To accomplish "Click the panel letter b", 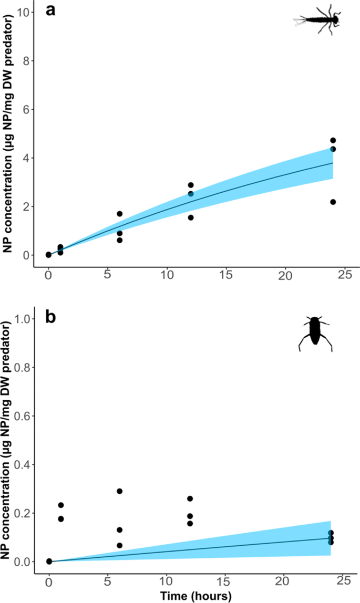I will click(51, 318).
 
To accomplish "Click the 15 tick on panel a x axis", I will click(226, 275).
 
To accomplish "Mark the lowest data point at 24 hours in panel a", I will click(333, 202).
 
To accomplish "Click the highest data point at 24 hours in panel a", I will click(333, 140).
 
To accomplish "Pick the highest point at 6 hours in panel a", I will click(120, 214).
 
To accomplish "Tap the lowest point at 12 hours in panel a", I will click(191, 217).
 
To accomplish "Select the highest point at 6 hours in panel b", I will click(120, 491).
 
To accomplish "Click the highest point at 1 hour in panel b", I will click(61, 505).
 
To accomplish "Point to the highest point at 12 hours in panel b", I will click(190, 498).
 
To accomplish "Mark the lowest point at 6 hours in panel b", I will click(120, 545).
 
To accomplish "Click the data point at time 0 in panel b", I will click(49, 561).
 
